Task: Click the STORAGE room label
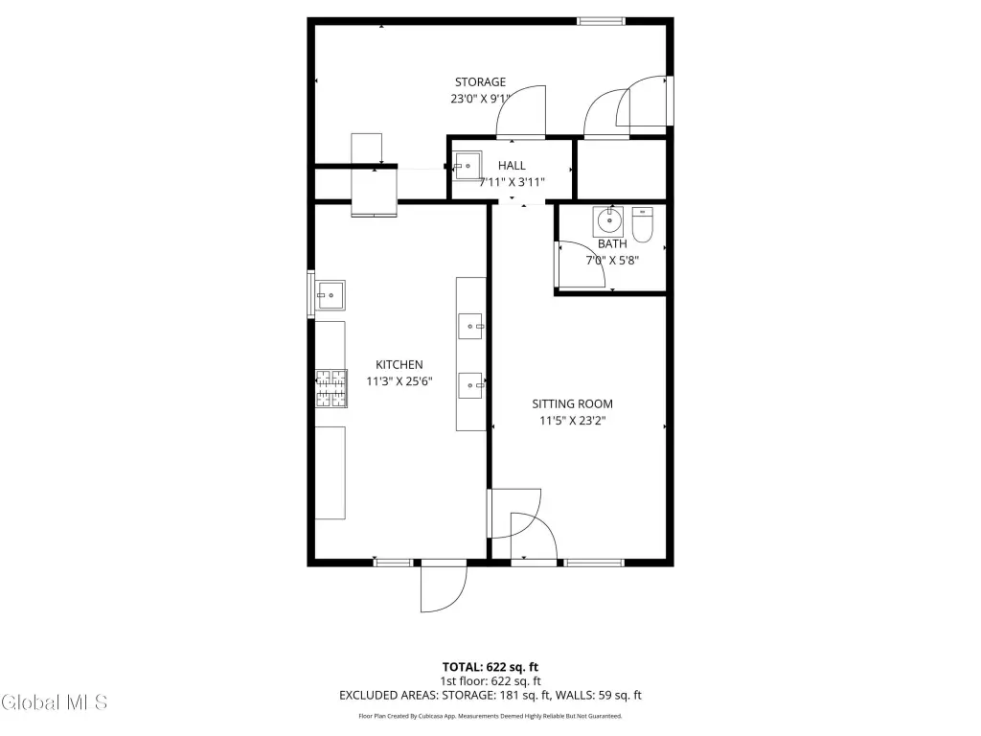click(480, 82)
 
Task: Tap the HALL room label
click(512, 165)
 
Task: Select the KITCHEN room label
click(399, 364)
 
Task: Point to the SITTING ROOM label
click(573, 403)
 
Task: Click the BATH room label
click(612, 243)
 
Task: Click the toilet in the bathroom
click(643, 224)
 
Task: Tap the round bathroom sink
click(608, 221)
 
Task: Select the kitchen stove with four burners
click(331, 389)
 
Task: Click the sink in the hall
click(468, 166)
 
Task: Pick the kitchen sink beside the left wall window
click(330, 295)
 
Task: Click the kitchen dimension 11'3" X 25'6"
click(399, 381)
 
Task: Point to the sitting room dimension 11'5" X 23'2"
click(573, 421)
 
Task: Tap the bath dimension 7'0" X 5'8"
click(612, 261)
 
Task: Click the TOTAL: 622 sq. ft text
click(490, 667)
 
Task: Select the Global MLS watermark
click(54, 702)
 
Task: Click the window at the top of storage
click(602, 21)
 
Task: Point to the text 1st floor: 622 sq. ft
click(490, 681)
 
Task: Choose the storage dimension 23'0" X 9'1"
click(480, 99)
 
